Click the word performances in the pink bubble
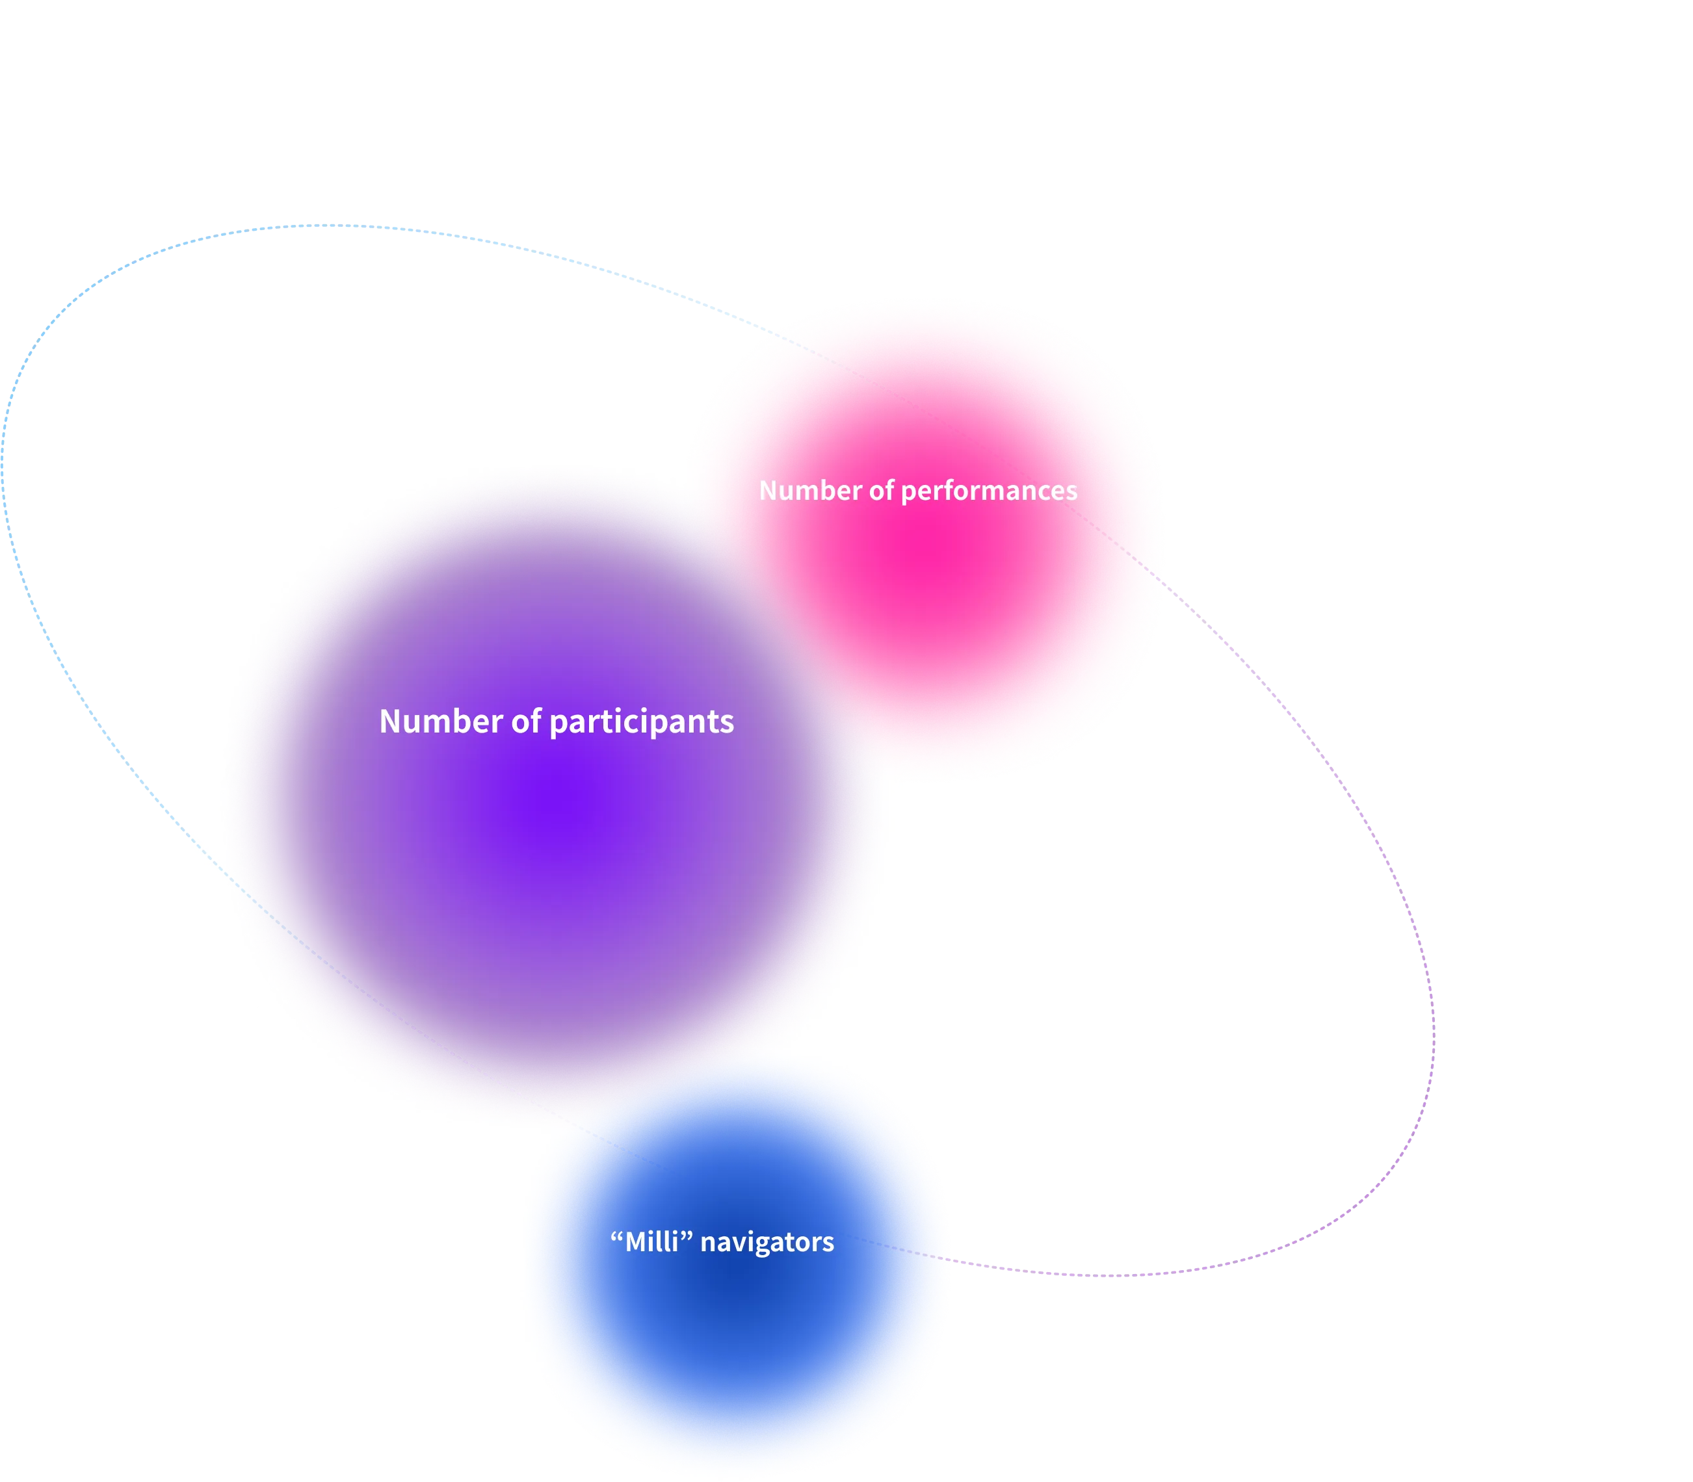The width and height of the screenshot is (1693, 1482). click(x=988, y=491)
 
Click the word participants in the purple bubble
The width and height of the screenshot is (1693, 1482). click(x=641, y=723)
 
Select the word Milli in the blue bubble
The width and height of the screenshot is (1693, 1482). click(x=651, y=1241)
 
